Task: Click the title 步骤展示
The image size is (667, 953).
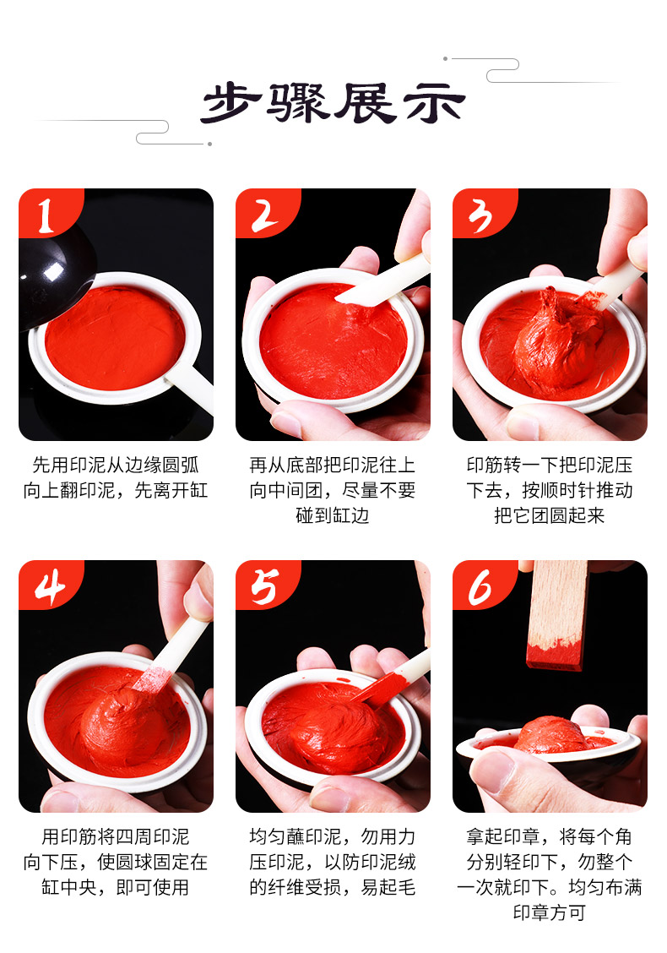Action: point(333,103)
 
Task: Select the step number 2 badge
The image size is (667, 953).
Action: point(265,213)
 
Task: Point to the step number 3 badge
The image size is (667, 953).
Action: point(482,213)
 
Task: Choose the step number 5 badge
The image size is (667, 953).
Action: point(265,585)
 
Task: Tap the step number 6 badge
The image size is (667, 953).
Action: point(482,585)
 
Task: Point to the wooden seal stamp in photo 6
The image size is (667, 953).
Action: point(556,614)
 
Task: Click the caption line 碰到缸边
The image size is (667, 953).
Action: point(333,515)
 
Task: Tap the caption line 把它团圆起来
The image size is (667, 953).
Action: point(549,515)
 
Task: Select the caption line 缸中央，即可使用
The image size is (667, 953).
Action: point(116,887)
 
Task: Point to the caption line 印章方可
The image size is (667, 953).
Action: point(549,912)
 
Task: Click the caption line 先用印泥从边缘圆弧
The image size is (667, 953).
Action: point(116,465)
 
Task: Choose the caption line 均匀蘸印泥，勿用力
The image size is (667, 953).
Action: point(333,837)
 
